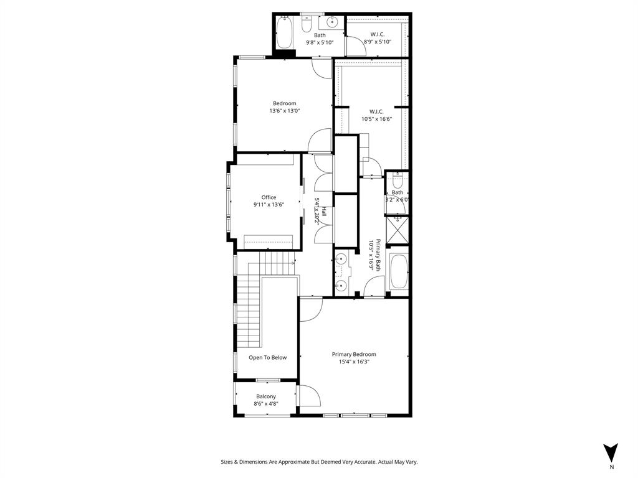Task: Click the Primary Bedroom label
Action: coord(353,354)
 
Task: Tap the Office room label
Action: coord(269,197)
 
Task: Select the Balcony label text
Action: coord(266,396)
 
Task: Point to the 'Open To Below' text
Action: coord(268,357)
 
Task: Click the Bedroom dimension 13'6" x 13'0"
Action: coord(284,111)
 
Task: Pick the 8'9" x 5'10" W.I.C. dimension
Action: coord(378,42)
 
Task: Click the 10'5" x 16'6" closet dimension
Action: coord(376,119)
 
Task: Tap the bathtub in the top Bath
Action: coord(284,32)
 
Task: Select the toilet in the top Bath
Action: coord(306,24)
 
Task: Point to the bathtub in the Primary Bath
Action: coord(398,273)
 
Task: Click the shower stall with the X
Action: coord(397,230)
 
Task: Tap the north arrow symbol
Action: coord(611,452)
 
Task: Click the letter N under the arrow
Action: coord(612,467)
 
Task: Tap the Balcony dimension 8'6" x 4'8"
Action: coord(266,404)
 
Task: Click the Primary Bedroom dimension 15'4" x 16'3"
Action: coord(354,362)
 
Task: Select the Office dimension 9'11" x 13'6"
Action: coord(269,204)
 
